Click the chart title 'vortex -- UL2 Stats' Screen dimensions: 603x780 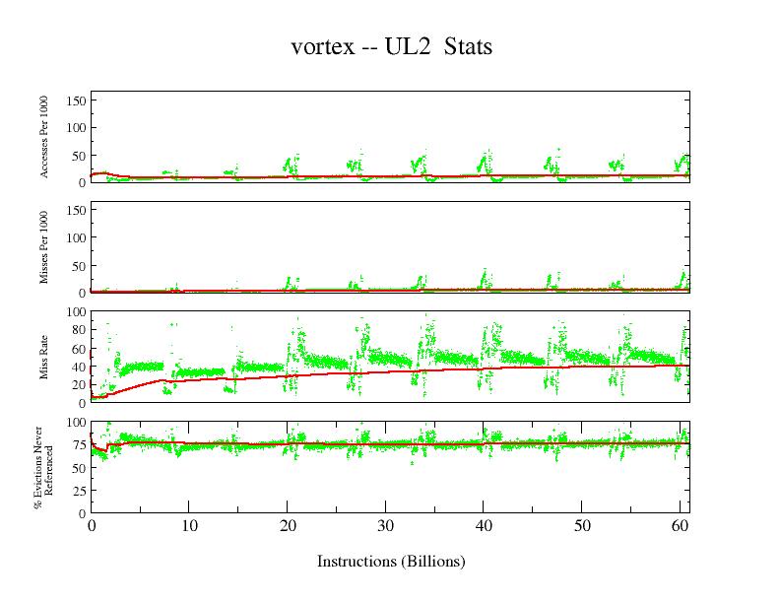(x=391, y=46)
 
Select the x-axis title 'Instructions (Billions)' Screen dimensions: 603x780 (x=391, y=562)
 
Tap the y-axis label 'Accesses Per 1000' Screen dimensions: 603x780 (x=44, y=137)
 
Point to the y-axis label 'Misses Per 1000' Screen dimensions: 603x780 (x=44, y=247)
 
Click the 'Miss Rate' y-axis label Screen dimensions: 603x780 (x=44, y=357)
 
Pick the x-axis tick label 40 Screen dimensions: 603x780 (x=484, y=525)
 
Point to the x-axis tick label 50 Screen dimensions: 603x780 (x=582, y=525)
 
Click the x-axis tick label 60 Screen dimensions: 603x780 (x=680, y=525)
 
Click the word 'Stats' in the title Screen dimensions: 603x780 (x=468, y=46)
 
